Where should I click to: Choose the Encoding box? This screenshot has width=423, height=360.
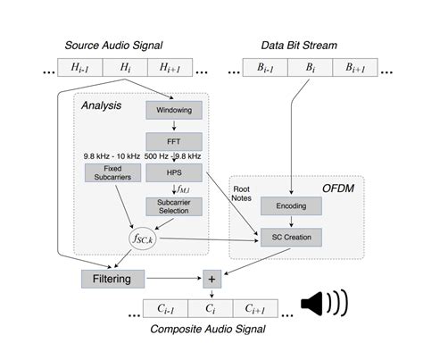coord(290,206)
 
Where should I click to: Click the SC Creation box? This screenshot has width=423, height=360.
coord(290,237)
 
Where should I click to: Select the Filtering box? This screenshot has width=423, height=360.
coord(112,279)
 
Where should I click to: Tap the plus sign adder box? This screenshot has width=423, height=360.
coord(211,279)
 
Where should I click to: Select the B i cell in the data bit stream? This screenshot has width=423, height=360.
coord(309,67)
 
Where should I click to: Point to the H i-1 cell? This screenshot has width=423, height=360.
coord(79,67)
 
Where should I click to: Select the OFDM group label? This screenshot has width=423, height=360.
coord(339,189)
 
